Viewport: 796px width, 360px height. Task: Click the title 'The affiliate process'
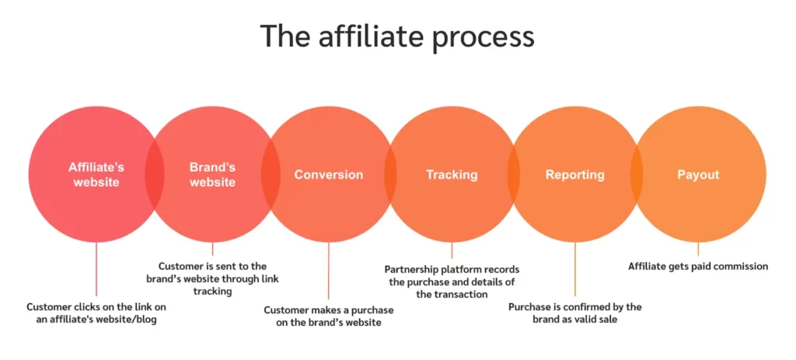click(397, 37)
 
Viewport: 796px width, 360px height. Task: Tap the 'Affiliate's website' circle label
click(96, 175)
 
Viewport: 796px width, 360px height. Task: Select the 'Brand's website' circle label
click(212, 175)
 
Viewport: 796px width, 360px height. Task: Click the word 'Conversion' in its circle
click(328, 175)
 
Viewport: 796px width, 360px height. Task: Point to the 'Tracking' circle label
click(452, 175)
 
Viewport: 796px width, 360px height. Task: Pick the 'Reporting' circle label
click(574, 175)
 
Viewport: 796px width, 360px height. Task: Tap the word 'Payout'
click(697, 175)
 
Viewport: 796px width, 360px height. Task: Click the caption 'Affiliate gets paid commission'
click(697, 267)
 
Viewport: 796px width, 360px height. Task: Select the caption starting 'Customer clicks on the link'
click(96, 314)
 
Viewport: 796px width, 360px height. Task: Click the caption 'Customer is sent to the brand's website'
click(212, 278)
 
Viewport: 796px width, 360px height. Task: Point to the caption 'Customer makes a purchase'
click(328, 316)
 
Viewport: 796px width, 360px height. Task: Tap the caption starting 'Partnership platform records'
click(452, 281)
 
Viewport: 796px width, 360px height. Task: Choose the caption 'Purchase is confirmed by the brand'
click(574, 313)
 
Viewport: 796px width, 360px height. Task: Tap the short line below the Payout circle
click(697, 249)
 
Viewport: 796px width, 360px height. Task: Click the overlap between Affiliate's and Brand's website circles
click(155, 175)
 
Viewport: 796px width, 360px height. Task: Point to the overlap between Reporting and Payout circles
click(636, 175)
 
